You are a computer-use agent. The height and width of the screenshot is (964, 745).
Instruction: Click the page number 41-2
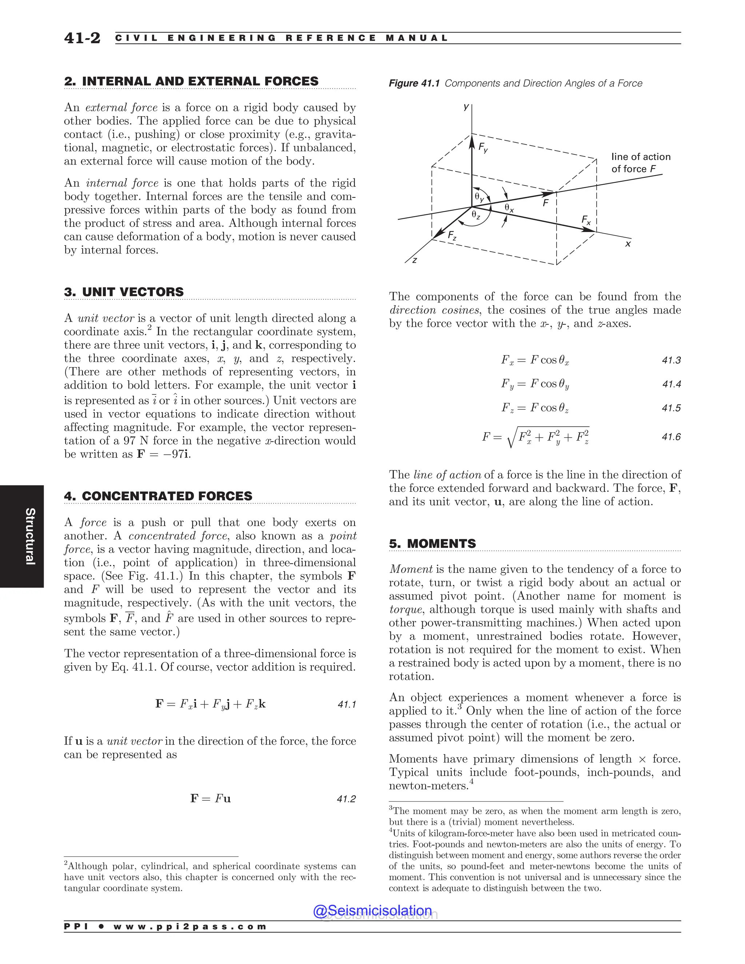(82, 38)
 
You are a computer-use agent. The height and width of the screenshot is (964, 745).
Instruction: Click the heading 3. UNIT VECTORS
(124, 292)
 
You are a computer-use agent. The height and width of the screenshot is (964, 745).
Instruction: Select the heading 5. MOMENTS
(432, 543)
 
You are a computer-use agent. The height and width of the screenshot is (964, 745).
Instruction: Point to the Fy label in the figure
(483, 147)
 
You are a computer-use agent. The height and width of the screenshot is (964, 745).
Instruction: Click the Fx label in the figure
(586, 220)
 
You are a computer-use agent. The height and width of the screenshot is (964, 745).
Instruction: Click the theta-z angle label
(476, 215)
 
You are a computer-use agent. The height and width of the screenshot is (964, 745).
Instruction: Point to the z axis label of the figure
(414, 260)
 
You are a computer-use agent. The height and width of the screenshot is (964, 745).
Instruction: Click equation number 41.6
(671, 437)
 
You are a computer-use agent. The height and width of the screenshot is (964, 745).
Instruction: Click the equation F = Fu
(211, 798)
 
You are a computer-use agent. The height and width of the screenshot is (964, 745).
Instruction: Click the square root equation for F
(536, 437)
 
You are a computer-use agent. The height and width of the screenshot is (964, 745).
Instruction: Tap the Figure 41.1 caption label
(414, 83)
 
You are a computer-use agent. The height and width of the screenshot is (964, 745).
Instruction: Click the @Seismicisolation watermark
(372, 910)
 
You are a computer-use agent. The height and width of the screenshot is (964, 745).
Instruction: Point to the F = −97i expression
(164, 454)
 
